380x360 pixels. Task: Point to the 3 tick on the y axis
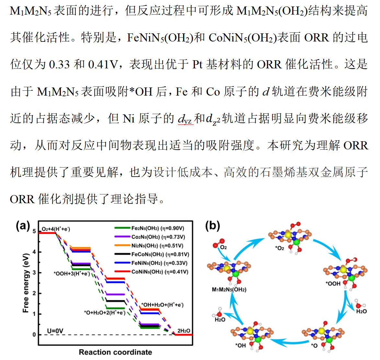[34, 273]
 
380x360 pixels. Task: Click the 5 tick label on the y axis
[34, 231]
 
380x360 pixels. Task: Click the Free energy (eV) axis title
[26, 283]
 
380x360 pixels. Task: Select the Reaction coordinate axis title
[115, 352]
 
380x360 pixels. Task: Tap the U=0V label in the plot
[55, 331]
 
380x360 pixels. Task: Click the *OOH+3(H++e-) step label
[72, 274]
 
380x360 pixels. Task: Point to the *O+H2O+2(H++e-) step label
[105, 313]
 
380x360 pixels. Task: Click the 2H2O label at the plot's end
[184, 331]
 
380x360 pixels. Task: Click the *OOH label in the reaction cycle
[333, 284]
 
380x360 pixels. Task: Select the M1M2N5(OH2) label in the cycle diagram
[229, 289]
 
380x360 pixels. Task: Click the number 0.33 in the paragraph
[59, 64]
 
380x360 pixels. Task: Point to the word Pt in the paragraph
[197, 64]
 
